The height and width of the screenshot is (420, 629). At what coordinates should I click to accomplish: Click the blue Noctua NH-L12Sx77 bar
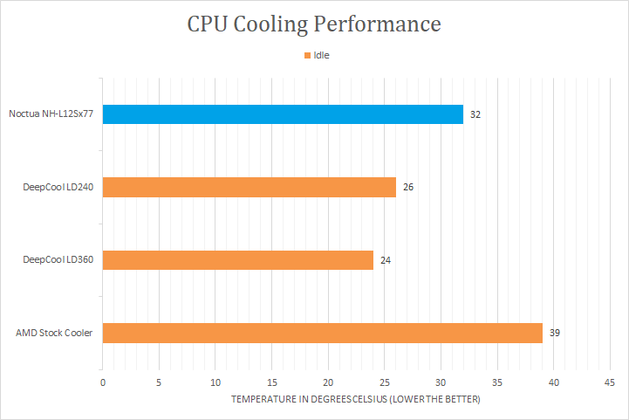[283, 114]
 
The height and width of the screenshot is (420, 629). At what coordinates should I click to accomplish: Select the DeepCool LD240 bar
[250, 187]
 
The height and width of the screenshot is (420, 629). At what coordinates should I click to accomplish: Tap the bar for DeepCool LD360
[238, 260]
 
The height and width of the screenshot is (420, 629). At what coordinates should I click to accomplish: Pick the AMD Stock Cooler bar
[323, 333]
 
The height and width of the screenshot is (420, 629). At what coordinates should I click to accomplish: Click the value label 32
[475, 114]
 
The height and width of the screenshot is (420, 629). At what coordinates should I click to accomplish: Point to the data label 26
[408, 187]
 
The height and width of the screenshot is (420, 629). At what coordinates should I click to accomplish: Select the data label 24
[386, 260]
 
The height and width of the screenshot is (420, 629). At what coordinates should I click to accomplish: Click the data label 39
[555, 333]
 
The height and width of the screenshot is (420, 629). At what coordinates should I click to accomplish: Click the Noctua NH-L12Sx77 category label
[51, 114]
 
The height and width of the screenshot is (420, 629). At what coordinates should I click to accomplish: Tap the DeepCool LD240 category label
[58, 187]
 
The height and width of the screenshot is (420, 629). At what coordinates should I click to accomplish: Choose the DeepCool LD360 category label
[58, 260]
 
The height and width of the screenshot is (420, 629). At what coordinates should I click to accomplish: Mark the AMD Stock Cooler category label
[54, 333]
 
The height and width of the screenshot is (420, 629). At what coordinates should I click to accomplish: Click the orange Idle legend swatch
[307, 56]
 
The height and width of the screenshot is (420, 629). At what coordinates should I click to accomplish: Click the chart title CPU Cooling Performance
[314, 24]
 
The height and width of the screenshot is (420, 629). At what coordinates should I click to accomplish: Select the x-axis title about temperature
[356, 399]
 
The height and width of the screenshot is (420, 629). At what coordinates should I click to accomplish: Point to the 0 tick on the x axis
[103, 382]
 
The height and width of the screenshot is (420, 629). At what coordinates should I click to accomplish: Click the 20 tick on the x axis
[328, 382]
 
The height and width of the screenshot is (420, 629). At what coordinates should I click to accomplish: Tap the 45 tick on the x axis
[609, 382]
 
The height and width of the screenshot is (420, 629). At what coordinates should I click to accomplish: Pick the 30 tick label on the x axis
[441, 382]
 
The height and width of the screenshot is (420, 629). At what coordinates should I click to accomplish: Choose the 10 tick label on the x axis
[215, 382]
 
